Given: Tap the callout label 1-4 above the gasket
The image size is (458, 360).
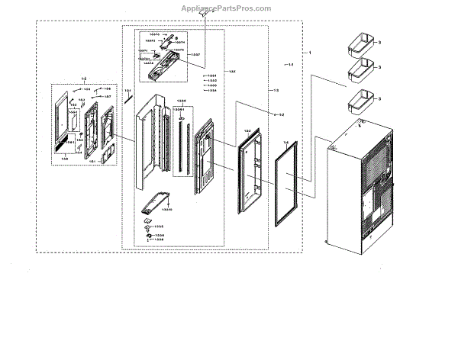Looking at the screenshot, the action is pyautogui.click(x=285, y=143).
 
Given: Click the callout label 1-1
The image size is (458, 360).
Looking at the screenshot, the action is pyautogui.click(x=291, y=66).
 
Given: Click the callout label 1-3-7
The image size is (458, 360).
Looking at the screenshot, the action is pyautogui.click(x=195, y=55).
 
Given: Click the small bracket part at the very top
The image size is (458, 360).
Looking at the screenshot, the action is pyautogui.click(x=203, y=13).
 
